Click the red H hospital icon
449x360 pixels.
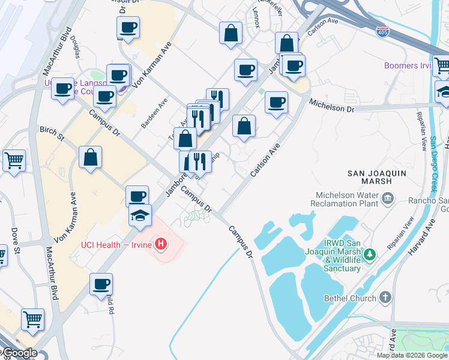click(x=160, y=244)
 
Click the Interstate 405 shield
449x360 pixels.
click(x=382, y=31)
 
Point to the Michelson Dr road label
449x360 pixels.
click(x=331, y=106)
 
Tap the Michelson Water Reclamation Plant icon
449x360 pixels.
click(x=388, y=197)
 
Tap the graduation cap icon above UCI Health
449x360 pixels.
click(x=140, y=215)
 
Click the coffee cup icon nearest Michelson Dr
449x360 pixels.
click(x=276, y=103)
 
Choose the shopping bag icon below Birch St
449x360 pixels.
click(x=90, y=158)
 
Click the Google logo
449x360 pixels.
click(x=19, y=353)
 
